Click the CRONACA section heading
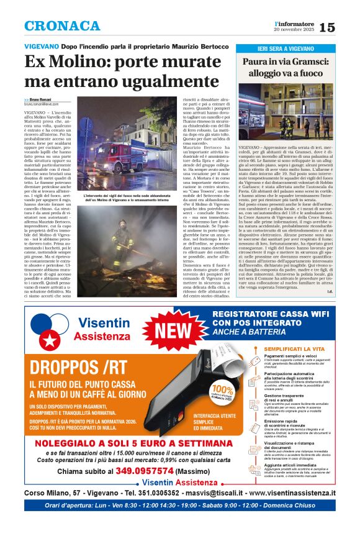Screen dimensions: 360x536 tap(62, 25)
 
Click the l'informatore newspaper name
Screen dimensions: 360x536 tap(292, 23)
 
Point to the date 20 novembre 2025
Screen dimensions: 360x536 tap(293, 30)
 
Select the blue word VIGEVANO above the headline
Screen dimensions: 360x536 tap(42, 47)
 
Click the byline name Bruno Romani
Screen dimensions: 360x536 tap(42, 99)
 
